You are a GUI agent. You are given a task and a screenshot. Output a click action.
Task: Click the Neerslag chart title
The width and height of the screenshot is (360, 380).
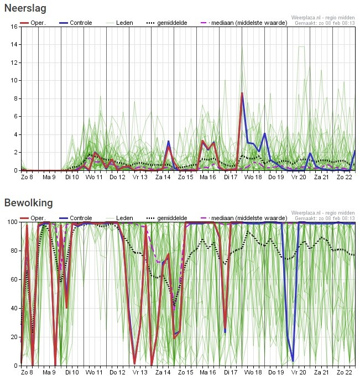pos(25,8)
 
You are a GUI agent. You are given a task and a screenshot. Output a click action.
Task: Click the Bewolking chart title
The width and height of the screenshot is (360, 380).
pos(29,203)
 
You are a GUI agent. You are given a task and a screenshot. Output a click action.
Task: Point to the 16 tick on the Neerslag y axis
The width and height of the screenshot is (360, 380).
pos(14,26)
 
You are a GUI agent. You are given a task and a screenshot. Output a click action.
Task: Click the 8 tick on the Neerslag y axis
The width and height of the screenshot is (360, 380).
pos(15,98)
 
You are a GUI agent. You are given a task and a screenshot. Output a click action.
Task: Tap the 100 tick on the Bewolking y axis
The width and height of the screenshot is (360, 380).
pos(12,221)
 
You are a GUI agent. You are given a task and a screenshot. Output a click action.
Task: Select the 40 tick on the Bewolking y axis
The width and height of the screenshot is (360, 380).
pos(14,308)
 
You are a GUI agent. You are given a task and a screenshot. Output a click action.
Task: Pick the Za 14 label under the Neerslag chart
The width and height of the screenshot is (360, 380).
pos(163,178)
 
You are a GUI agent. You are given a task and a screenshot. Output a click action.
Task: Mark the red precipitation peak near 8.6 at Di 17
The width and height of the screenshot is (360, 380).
pos(242,93)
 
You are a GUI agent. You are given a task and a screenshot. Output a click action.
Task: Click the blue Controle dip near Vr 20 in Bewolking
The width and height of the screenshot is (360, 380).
pos(293,361)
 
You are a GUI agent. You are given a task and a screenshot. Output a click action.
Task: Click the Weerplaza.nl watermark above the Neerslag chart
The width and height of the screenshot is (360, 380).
pos(323,18)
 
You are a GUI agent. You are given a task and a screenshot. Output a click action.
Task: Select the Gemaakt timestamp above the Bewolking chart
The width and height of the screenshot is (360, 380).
pos(325,218)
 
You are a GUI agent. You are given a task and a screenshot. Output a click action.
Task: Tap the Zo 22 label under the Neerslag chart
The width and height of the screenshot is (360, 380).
pos(345,178)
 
